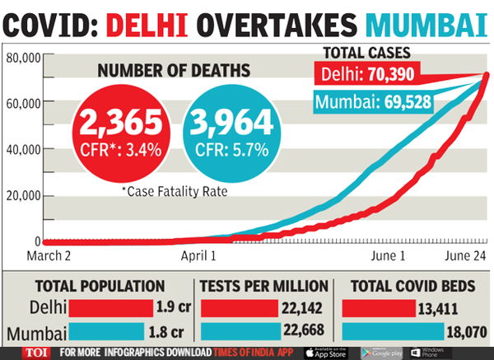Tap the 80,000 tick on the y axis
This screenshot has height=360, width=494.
click(23, 58)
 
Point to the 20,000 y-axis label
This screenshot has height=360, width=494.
click(23, 195)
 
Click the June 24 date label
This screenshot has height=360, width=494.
click(467, 256)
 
